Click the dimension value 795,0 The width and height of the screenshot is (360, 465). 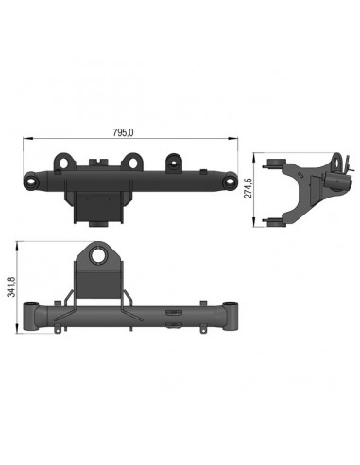pos(123,132)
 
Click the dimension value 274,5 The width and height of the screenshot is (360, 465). pos(249,188)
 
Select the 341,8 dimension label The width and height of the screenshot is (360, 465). pos(11,286)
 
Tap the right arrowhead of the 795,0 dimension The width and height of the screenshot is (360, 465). pos(232,138)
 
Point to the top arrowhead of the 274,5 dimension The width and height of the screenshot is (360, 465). pos(254,158)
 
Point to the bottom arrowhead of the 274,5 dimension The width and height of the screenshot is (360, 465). pos(254,221)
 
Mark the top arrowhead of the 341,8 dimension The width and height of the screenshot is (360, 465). pos(16,247)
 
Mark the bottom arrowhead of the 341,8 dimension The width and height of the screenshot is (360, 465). pos(16,328)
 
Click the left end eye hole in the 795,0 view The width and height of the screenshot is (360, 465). pos(32,181)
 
